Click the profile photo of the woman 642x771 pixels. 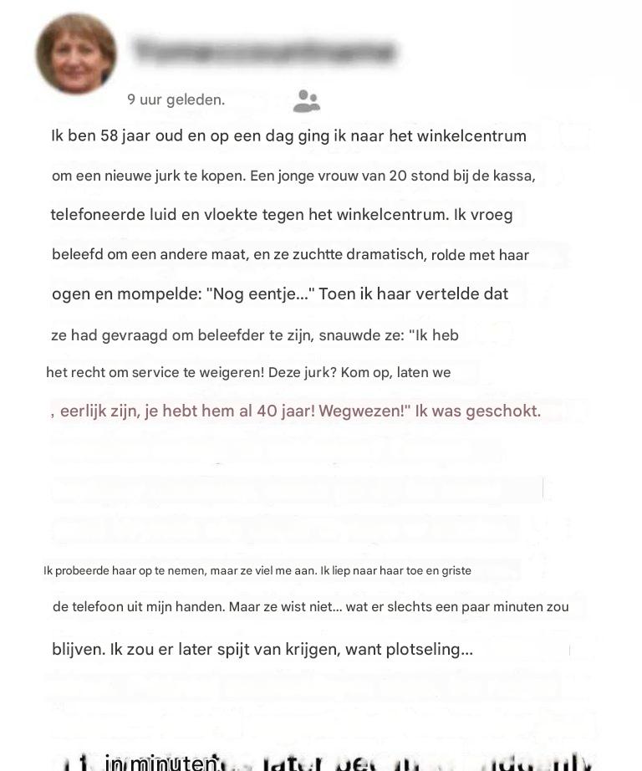pos(76,54)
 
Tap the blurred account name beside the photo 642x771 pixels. pos(263,52)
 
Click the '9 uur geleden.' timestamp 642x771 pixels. pos(176,100)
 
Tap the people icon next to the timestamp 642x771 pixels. pos(307,101)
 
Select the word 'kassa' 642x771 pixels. pos(512,176)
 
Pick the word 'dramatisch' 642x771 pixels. pos(385,254)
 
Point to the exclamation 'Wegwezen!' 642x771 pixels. pos(364,411)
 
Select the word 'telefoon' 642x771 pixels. pos(99,607)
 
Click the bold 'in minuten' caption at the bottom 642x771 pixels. pos(161,763)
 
